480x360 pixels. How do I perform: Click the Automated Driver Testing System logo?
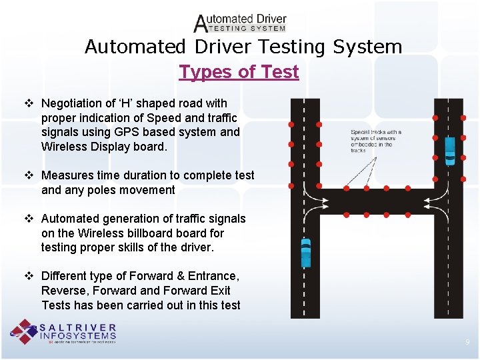click(x=240, y=23)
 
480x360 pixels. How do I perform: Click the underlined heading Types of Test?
click(x=239, y=72)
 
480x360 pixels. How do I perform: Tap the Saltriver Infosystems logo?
click(x=63, y=333)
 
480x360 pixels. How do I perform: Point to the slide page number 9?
click(x=467, y=342)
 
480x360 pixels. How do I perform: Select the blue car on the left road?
click(x=305, y=252)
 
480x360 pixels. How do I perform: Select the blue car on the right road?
click(x=450, y=150)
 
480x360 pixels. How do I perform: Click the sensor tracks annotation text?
click(x=375, y=141)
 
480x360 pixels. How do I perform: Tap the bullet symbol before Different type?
click(x=28, y=276)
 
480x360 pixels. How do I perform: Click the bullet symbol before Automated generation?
click(x=28, y=219)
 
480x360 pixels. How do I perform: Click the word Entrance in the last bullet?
click(x=211, y=276)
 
